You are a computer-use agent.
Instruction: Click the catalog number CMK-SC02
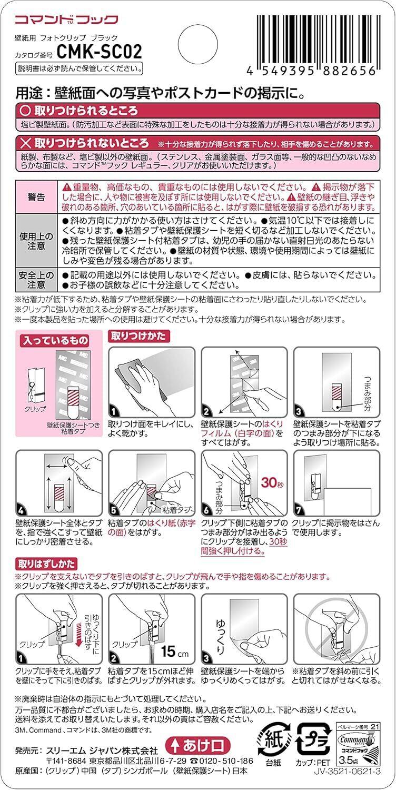coord(99,52)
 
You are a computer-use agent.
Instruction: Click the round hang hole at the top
coord(198,44)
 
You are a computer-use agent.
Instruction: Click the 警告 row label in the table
coord(36,197)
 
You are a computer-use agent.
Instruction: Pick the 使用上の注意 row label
coord(36,241)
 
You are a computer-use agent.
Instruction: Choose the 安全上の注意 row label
coord(36,280)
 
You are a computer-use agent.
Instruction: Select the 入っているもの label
coord(55,340)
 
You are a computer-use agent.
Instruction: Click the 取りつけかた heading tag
coord(138,336)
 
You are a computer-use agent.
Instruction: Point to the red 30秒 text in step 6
coord(272,482)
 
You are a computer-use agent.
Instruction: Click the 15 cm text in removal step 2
coord(175,651)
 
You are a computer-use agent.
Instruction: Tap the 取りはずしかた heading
coord(46,564)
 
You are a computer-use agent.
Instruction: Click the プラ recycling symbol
coord(314,738)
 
